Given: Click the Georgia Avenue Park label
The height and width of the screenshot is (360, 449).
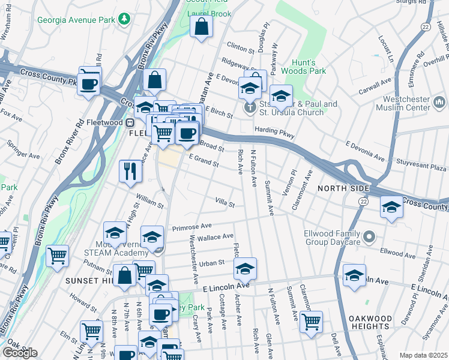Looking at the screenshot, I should point(76,19).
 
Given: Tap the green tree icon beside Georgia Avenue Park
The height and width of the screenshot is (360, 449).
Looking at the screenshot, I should point(124,19).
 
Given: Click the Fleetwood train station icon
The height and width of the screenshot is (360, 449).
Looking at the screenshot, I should point(128,122).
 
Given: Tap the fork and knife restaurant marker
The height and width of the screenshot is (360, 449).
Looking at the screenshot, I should point(130,171).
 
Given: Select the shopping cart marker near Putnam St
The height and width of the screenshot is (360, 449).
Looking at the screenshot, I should point(58,256).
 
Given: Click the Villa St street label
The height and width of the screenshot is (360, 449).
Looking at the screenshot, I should point(225,203).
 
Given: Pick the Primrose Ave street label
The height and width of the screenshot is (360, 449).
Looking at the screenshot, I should point(192,227).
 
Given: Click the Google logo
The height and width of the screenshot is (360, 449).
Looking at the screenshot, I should point(19,353).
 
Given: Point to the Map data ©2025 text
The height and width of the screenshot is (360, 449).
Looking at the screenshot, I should point(423,355).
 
